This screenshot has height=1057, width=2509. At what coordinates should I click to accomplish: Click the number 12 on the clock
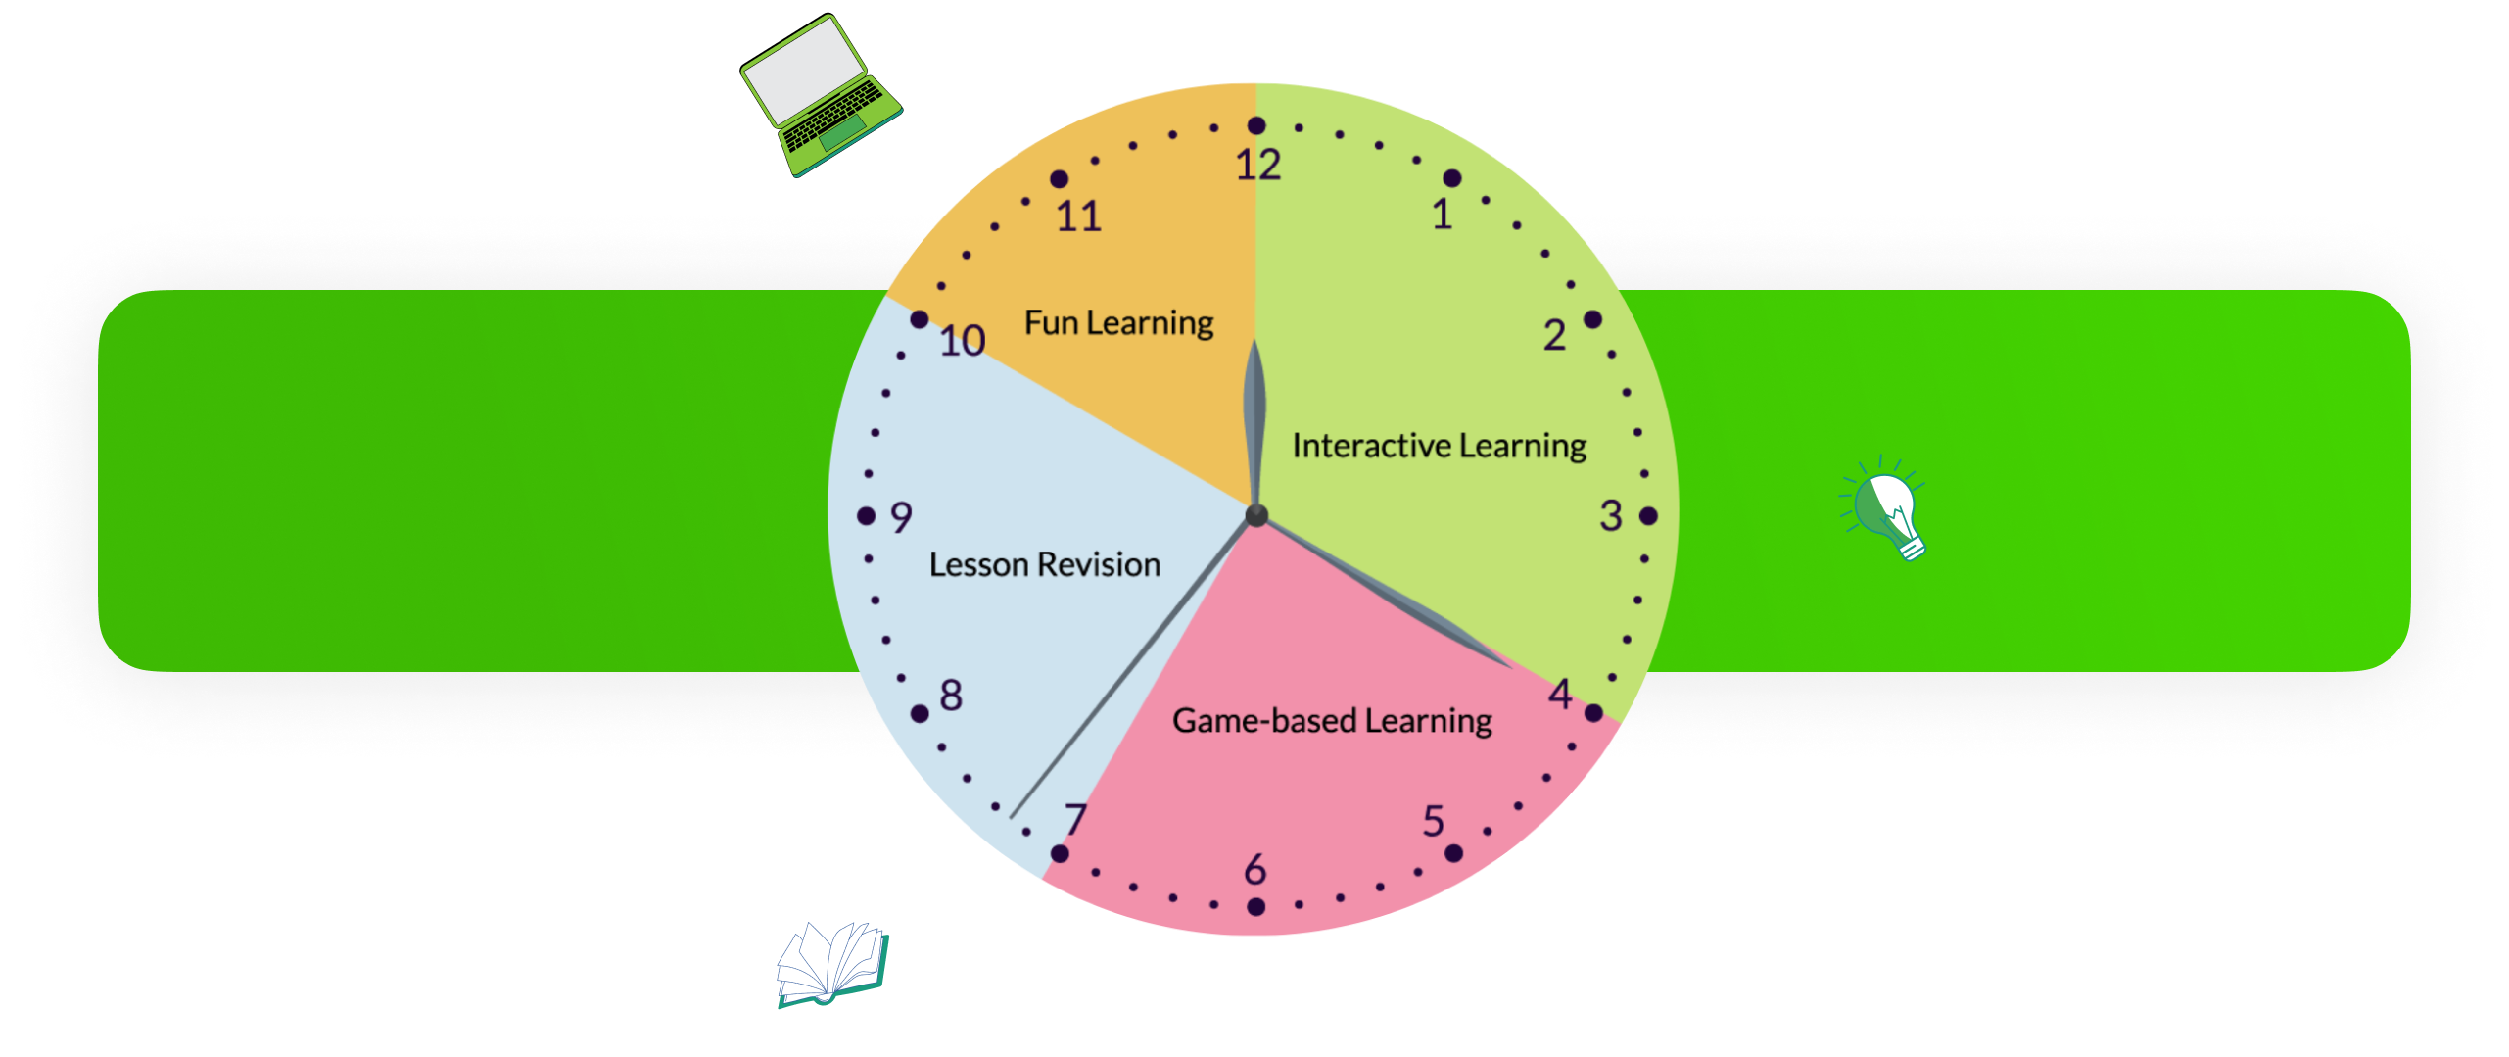[1257, 166]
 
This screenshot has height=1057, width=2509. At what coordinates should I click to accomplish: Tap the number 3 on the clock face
[1611, 516]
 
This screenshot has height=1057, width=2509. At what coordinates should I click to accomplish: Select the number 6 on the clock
[1255, 869]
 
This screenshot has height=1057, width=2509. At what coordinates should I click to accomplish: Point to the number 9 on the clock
[901, 517]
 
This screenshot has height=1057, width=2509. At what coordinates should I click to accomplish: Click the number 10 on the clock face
[962, 341]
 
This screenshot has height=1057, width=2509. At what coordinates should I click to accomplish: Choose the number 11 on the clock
[1078, 216]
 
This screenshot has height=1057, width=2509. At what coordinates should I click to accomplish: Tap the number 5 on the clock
[1433, 821]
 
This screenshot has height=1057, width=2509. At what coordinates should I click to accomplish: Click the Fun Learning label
[1118, 323]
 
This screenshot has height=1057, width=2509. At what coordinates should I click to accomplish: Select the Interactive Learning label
[1439, 447]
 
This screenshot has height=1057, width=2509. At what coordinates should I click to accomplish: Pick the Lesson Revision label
[1044, 565]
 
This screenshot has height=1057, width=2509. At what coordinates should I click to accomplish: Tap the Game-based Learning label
[1332, 722]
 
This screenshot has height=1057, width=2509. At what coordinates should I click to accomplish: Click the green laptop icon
[821, 96]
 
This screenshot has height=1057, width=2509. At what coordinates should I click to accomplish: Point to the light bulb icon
[1888, 510]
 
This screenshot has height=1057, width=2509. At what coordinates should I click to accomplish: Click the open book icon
[832, 964]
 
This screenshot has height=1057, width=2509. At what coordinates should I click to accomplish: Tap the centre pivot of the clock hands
[1256, 515]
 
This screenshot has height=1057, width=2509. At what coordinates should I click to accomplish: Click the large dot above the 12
[1256, 125]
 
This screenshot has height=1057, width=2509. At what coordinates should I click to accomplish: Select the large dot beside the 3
[1648, 516]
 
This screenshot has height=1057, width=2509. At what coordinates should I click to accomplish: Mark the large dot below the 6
[1255, 907]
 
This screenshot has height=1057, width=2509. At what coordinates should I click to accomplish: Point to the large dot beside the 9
[866, 516]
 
